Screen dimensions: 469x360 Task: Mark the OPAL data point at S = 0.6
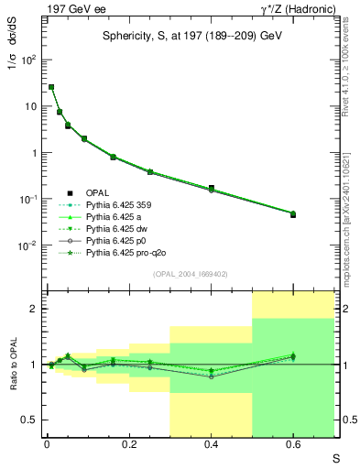(293, 213)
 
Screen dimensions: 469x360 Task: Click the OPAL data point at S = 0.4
(212, 188)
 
